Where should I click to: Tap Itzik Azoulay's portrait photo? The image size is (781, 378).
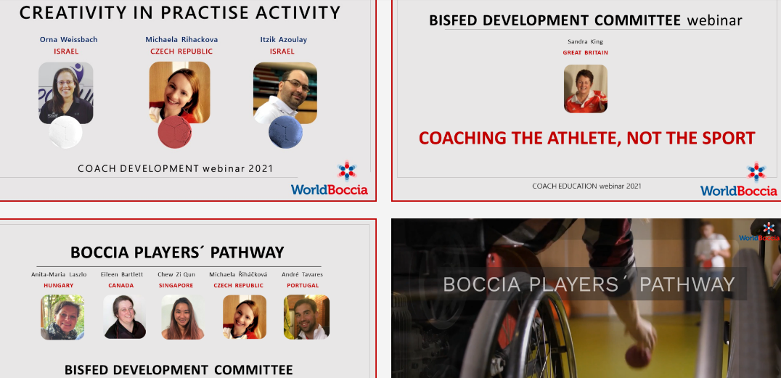(285, 93)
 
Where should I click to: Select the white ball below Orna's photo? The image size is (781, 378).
(65, 132)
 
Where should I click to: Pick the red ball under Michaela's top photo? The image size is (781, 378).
(175, 131)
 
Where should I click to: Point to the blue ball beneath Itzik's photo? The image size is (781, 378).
(285, 132)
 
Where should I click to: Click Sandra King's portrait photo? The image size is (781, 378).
(585, 89)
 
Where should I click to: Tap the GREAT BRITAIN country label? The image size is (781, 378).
(585, 52)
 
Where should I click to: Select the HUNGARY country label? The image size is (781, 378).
(58, 285)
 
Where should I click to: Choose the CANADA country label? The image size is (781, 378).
(121, 285)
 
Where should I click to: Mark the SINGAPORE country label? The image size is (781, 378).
(176, 285)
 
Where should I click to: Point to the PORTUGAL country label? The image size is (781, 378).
(303, 285)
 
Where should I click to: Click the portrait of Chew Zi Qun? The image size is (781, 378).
(183, 317)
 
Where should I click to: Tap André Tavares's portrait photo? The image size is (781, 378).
(306, 317)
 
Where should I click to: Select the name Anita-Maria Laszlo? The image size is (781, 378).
(59, 274)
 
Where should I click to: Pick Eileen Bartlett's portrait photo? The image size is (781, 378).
(124, 317)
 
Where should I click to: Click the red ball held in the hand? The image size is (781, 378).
(638, 356)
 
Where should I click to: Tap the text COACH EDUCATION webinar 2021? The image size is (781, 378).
(586, 186)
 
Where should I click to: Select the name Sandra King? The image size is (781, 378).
(585, 42)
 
